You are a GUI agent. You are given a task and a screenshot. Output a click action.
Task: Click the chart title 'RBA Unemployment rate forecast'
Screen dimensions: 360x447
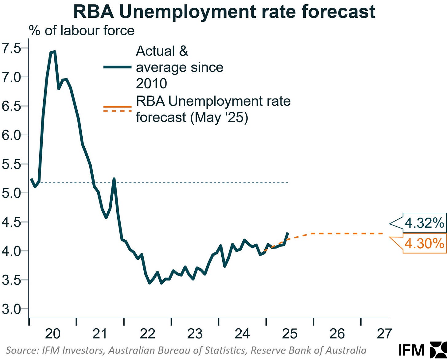coord(224,12)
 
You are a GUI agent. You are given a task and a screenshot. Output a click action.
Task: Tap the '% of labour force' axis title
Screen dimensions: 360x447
coord(82,31)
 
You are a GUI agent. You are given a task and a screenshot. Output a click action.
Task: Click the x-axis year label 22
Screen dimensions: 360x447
coord(147,334)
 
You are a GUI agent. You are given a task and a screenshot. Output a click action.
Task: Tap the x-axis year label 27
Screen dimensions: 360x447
coord(384,334)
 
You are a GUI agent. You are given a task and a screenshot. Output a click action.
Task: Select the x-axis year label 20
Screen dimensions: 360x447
coord(52,334)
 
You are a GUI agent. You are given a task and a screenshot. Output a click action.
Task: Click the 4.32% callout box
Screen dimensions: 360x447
coord(424,223)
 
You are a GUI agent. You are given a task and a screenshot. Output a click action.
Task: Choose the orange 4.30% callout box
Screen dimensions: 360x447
coord(424,244)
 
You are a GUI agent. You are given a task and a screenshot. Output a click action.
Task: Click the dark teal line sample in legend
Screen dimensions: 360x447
coord(117,67)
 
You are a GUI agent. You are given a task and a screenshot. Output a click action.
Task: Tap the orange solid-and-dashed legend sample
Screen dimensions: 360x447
coord(117,109)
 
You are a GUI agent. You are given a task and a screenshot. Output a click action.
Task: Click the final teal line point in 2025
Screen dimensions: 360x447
coord(288,233)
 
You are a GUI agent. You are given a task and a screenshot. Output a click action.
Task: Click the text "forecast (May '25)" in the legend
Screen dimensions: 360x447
coord(192,117)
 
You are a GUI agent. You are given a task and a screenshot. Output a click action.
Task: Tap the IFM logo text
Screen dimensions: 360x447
coord(411,350)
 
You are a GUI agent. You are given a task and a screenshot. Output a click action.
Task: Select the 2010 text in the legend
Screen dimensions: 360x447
coord(151,83)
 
